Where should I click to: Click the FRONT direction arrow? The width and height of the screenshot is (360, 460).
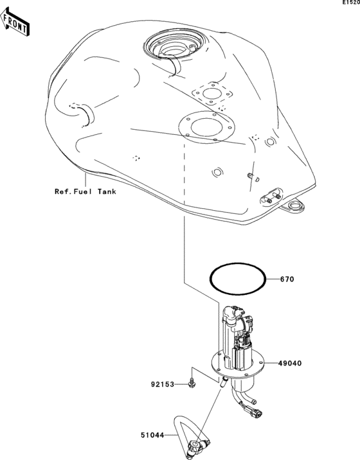tap(15, 21)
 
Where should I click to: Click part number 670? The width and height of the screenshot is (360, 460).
tap(287, 279)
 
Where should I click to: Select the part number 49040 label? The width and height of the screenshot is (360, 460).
tap(290, 363)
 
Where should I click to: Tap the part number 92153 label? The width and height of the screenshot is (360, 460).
tap(163, 384)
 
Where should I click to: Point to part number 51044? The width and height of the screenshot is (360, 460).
tap(152, 435)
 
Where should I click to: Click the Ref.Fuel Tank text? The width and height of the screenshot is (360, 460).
tap(85, 191)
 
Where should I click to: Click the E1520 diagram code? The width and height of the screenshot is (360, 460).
tap(351, 3)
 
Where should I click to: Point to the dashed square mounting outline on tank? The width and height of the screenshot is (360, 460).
tap(212, 94)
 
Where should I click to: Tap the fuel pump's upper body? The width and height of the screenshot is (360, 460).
tap(238, 337)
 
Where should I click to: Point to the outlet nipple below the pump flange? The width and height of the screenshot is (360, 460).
tap(224, 382)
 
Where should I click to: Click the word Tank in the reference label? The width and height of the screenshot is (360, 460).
tap(107, 191)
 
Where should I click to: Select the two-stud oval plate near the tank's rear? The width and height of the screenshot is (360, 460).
tap(271, 197)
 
